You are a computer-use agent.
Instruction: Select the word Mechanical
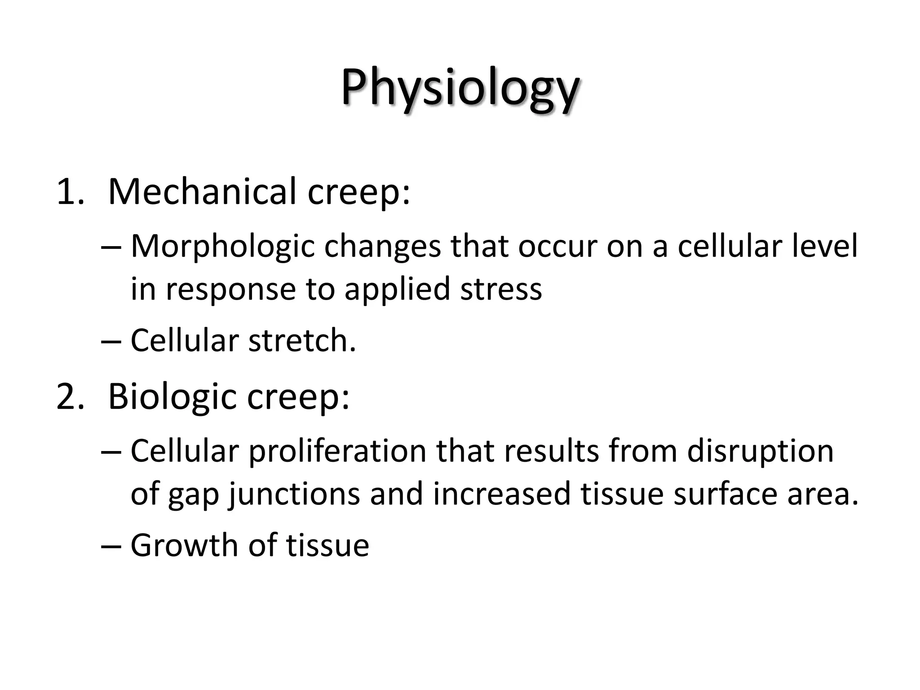point(202,192)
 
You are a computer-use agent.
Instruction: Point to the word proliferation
point(337,451)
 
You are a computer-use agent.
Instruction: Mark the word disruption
point(760,451)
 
